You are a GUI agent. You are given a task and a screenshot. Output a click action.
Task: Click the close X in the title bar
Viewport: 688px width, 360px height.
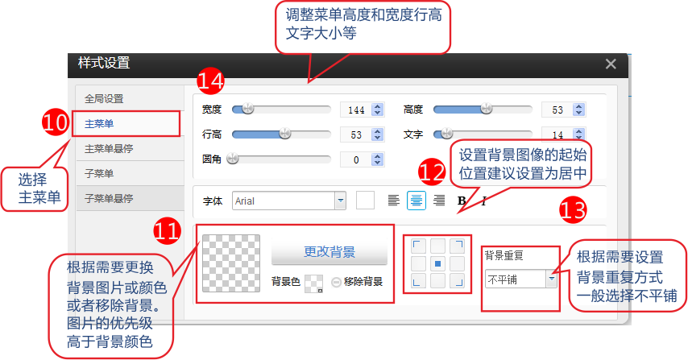click(611, 64)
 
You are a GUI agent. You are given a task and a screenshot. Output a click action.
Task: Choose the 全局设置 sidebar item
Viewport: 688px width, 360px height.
click(104, 99)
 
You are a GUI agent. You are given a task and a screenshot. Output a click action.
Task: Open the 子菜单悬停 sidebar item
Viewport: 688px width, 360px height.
click(109, 199)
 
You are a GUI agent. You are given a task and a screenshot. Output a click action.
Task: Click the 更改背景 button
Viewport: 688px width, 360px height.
click(329, 251)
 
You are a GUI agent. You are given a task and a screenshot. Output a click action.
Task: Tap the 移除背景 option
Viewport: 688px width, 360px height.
click(357, 282)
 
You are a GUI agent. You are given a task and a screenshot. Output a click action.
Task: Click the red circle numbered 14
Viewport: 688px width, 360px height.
click(210, 81)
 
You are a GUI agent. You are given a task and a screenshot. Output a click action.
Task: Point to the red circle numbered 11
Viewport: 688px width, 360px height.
click(168, 230)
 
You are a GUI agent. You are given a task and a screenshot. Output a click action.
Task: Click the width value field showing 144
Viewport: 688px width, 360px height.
click(356, 110)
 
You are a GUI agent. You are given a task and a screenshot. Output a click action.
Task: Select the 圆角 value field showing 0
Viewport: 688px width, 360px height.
click(356, 159)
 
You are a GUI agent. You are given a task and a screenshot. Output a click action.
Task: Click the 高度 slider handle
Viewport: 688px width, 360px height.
click(486, 108)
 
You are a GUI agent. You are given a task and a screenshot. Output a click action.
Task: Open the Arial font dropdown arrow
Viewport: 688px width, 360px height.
click(341, 201)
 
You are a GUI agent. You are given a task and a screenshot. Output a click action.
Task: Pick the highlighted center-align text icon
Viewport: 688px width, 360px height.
click(416, 201)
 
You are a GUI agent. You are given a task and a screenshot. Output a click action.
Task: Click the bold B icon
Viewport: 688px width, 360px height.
click(462, 201)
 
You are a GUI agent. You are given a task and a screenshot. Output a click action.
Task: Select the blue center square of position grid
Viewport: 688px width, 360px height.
click(437, 263)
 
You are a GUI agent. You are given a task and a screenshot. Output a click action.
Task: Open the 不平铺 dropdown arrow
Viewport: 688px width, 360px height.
click(552, 279)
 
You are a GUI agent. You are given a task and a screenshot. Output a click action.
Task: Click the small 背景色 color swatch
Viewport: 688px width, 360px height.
click(313, 283)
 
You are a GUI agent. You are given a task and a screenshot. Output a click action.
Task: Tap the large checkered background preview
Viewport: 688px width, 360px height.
click(230, 263)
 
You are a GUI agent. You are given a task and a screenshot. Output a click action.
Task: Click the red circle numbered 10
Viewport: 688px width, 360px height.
click(56, 122)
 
